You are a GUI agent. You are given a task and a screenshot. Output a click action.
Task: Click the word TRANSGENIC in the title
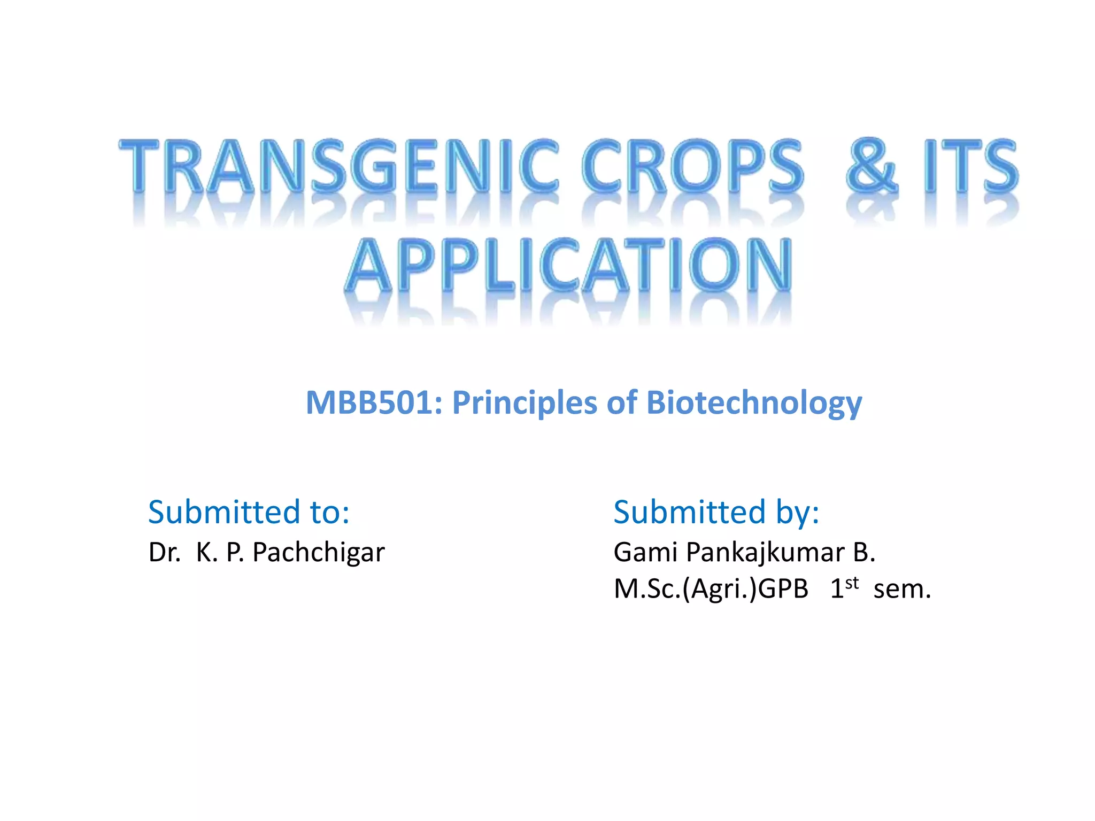[x=338, y=166]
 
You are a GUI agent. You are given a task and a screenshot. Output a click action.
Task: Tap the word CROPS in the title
[x=692, y=166]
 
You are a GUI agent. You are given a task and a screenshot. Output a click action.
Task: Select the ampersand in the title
[x=872, y=166]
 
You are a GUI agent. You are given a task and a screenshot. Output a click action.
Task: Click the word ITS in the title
[x=970, y=166]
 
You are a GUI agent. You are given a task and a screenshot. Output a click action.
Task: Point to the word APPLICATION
[x=568, y=266]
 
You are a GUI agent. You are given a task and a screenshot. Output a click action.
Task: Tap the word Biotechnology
[x=754, y=403]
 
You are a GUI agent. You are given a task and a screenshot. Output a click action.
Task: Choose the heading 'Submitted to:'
[x=249, y=512]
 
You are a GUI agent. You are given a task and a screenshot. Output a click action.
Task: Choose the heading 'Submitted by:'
[x=716, y=512]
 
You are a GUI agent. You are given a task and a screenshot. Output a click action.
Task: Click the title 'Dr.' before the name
[x=164, y=552]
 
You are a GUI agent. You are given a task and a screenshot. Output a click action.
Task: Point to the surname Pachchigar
[x=318, y=553]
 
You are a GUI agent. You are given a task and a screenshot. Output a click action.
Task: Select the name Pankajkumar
[x=765, y=553]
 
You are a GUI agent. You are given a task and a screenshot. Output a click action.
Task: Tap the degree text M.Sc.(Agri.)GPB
[x=711, y=589]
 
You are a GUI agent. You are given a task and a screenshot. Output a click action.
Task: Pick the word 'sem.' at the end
[x=902, y=590]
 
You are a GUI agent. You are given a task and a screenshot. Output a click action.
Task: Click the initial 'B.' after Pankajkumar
[x=864, y=552]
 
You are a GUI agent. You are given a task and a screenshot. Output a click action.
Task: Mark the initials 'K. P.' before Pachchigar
[x=220, y=552]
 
